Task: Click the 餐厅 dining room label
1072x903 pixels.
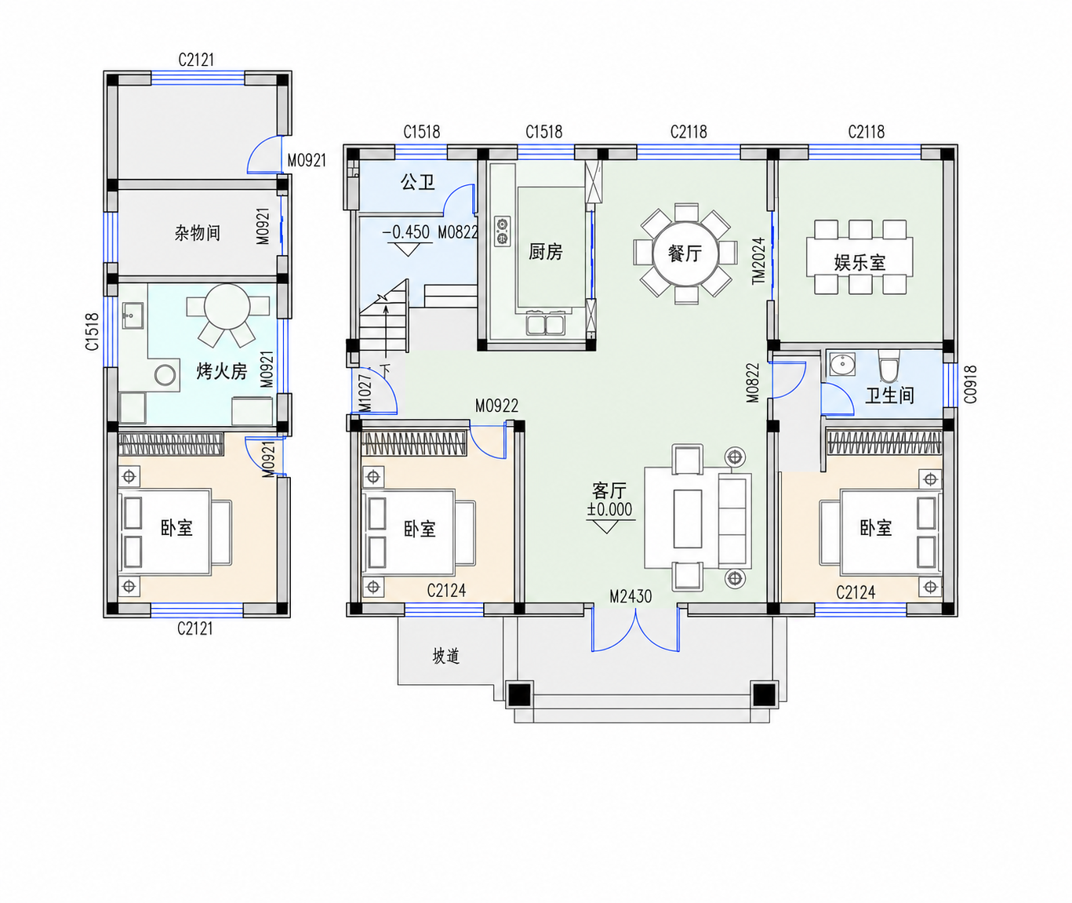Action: pos(685,253)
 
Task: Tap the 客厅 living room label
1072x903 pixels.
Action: pos(609,491)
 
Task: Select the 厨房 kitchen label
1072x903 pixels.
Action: pos(546,252)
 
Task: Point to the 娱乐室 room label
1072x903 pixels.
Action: pos(860,263)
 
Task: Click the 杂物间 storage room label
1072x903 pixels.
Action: pos(198,233)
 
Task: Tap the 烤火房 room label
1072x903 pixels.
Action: pos(222,371)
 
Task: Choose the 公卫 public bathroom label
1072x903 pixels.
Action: pos(418,182)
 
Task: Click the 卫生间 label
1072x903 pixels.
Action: pos(890,395)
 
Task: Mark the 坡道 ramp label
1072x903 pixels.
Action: pos(445,656)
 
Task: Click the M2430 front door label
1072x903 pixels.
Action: pos(630,596)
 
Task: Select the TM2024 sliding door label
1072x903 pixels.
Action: pos(758,260)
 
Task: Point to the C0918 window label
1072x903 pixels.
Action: pos(970,384)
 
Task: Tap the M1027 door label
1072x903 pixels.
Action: pos(364,394)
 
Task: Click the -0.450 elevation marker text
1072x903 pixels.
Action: pos(406,232)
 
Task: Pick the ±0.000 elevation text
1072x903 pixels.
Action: pos(610,509)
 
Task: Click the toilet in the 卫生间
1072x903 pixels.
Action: pos(889,366)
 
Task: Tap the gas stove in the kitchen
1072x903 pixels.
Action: pos(502,231)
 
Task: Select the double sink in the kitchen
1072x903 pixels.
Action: pos(546,324)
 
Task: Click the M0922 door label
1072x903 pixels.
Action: pos(496,406)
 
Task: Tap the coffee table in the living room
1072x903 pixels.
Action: pos(688,519)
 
